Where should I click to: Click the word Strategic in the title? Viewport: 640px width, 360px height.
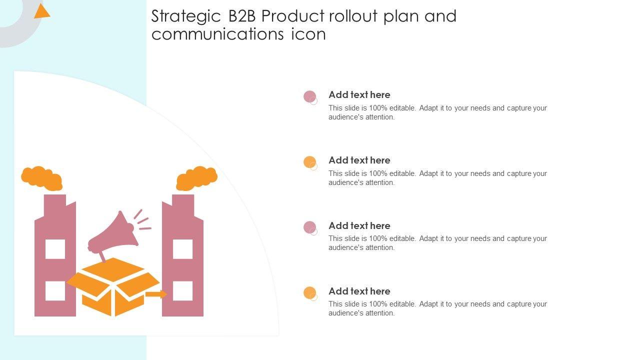(186, 17)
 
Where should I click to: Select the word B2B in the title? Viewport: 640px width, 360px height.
(243, 16)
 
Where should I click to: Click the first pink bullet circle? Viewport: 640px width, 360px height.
(309, 96)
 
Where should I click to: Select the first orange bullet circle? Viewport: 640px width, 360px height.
(309, 162)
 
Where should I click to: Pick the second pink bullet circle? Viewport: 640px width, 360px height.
(309, 227)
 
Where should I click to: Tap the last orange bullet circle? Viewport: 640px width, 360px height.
(309, 292)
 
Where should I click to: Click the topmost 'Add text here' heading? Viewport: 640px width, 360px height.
(359, 95)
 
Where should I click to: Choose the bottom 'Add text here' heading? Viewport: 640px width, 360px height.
(359, 291)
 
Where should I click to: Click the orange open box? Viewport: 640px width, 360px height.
(113, 287)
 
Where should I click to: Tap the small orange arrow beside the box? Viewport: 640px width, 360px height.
(156, 294)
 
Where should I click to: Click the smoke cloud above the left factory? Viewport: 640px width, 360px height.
(42, 178)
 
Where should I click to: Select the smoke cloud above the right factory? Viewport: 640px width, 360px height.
(196, 178)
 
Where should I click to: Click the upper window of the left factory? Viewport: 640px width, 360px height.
(55, 249)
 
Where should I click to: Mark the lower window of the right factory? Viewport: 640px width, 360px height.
(183, 291)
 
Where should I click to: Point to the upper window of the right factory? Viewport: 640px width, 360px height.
(183, 249)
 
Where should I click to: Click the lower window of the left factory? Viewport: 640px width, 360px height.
(55, 291)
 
